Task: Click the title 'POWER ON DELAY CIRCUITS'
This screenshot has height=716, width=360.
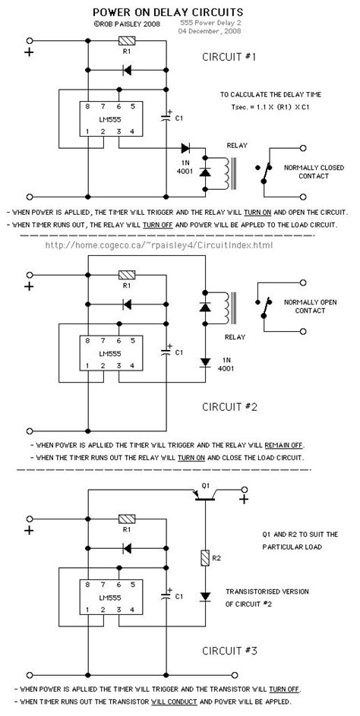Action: [168, 13]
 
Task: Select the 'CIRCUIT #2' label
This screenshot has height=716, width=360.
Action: [231, 407]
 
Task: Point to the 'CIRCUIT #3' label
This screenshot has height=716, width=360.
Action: [231, 651]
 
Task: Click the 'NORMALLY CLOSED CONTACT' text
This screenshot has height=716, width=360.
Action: [306, 171]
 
